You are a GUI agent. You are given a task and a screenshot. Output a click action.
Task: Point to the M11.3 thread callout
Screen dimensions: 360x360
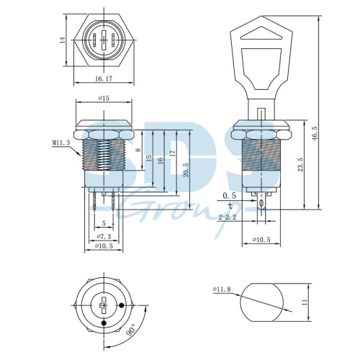(x=61, y=143)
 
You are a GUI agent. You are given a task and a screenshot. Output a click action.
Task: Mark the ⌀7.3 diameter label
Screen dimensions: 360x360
(x=104, y=236)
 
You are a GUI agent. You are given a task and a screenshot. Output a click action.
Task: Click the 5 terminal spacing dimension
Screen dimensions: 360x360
(x=104, y=223)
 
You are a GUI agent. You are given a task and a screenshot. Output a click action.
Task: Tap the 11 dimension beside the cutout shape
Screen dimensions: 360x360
(x=306, y=304)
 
